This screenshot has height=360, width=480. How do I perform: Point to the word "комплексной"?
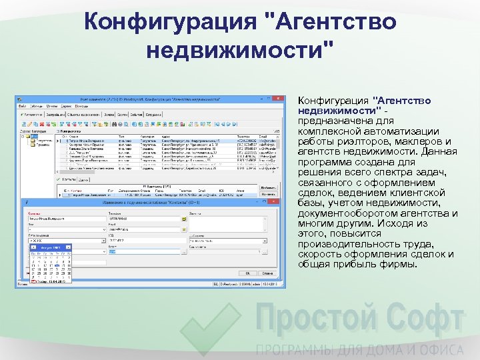(328, 131)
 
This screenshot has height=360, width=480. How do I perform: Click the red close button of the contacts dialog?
(274, 201)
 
